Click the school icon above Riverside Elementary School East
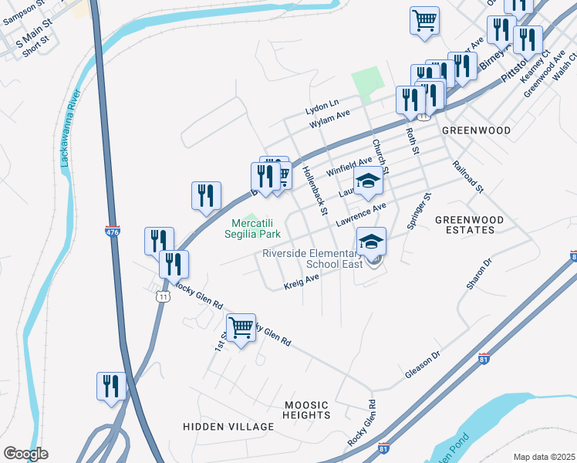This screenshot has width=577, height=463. click(x=371, y=242)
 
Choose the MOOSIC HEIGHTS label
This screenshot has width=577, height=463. click(x=306, y=410)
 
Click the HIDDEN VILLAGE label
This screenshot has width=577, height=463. click(x=228, y=427)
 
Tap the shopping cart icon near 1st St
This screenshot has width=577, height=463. click(x=241, y=328)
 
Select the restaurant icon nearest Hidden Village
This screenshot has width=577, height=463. click(x=111, y=386)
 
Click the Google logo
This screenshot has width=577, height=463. click(x=25, y=454)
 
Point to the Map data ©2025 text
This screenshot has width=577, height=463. click(x=544, y=457)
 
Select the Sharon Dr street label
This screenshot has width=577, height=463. click(x=477, y=274)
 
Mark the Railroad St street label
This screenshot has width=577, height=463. click(x=467, y=177)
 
